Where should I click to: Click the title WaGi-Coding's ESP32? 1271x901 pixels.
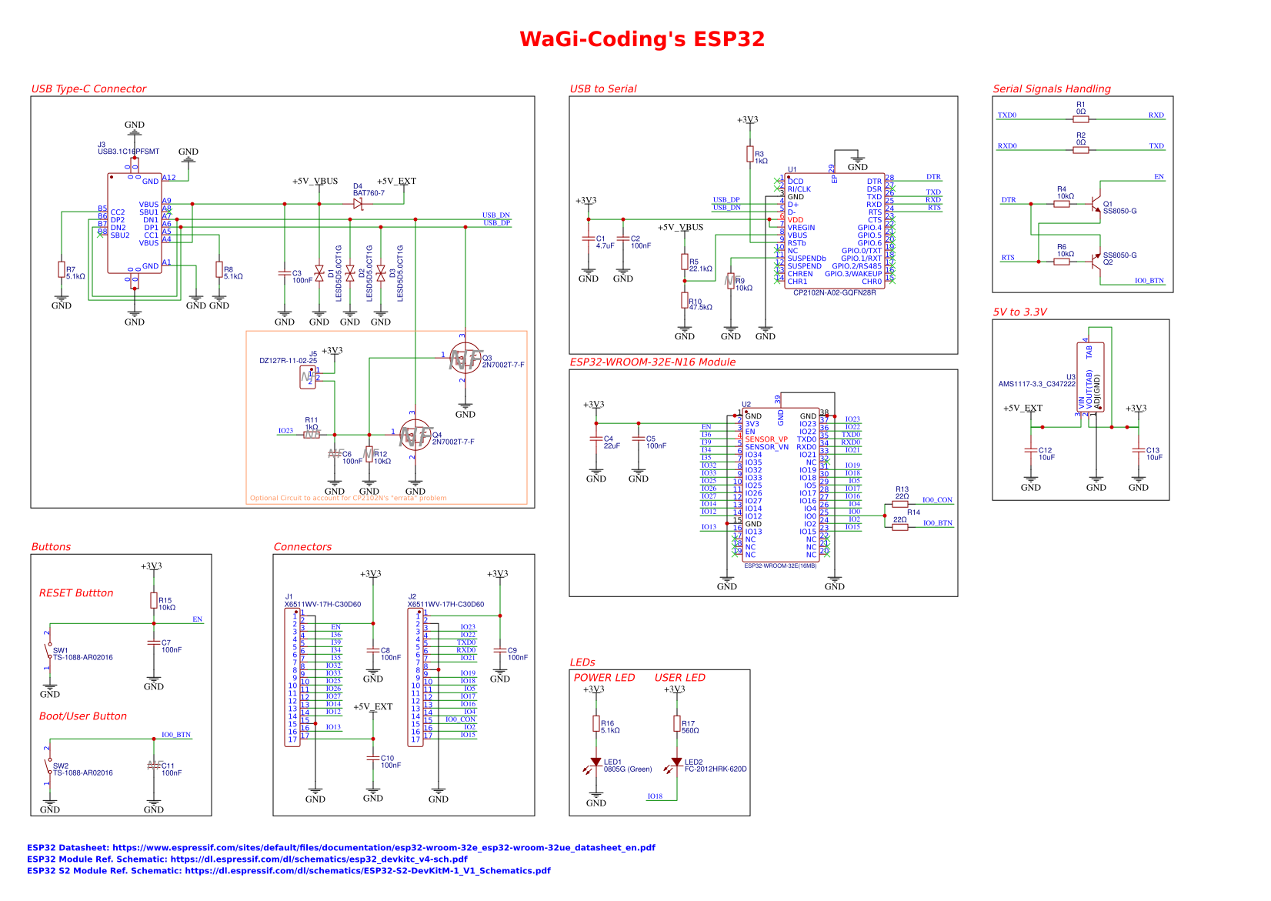tap(642, 39)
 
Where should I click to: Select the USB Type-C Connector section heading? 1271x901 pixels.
tap(88, 88)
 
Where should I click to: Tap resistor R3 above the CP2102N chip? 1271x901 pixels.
tap(750, 154)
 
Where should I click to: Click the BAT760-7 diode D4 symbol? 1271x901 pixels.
tap(358, 204)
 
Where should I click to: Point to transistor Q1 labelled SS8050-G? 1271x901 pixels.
tap(1096, 205)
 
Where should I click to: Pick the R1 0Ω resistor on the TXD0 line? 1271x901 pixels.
tap(1081, 119)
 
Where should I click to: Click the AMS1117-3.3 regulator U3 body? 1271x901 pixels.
tap(1090, 377)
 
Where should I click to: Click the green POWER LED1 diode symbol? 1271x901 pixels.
tap(595, 763)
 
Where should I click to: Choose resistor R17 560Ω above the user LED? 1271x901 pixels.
tap(677, 723)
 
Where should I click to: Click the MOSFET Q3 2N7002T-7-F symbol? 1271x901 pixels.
tap(465, 359)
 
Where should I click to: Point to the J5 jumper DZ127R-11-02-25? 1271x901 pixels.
tap(308, 377)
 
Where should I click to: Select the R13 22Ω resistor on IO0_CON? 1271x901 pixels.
tap(900, 504)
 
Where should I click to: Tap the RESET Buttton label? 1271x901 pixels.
tap(76, 593)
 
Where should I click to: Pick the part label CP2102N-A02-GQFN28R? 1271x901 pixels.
tap(835, 293)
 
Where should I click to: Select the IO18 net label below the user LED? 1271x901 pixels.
tap(655, 796)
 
